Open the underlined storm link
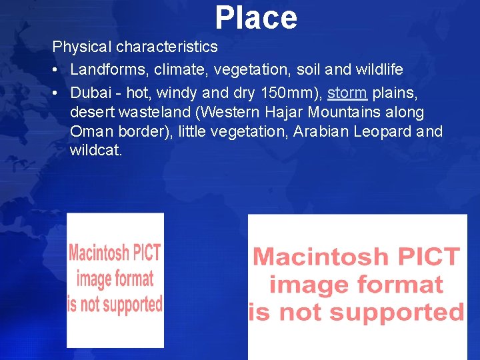347,92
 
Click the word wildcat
96,151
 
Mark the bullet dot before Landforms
57,69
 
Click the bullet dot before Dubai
57,92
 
